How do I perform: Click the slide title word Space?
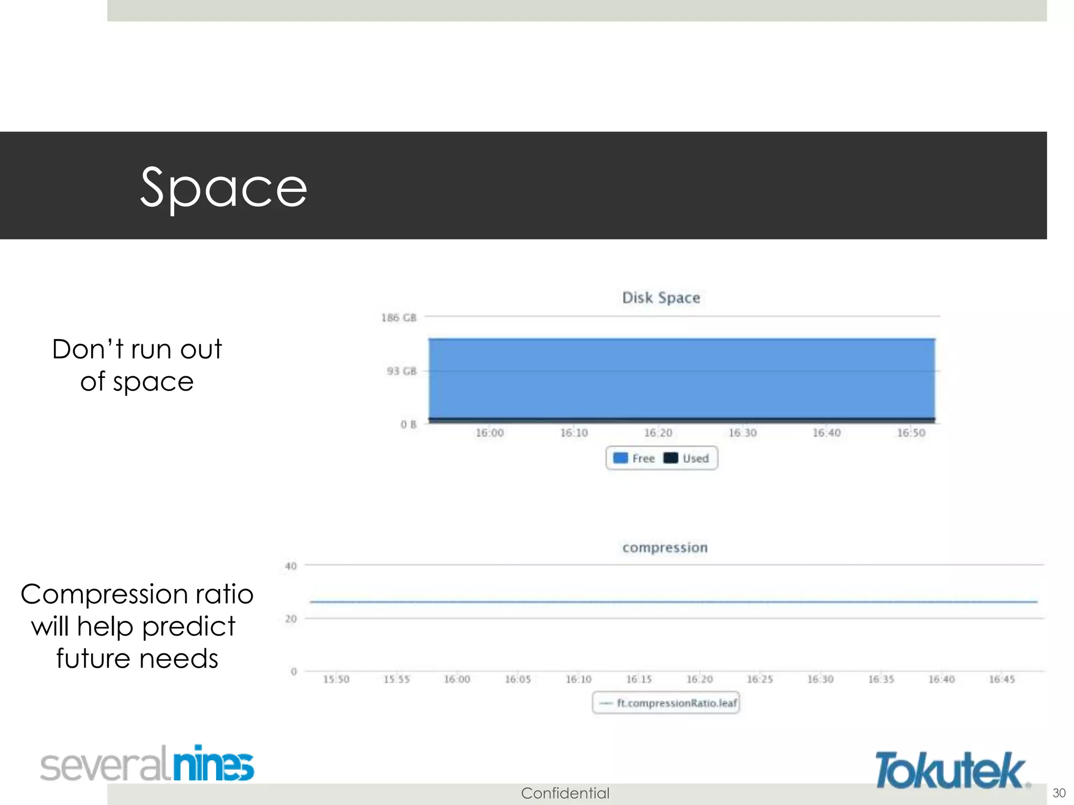pos(224,188)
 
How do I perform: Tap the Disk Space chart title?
pos(661,298)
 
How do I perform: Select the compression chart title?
pos(665,548)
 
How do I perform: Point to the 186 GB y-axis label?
pos(399,318)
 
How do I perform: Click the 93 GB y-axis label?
pos(402,371)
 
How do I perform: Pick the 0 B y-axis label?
pos(409,424)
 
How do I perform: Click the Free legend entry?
pos(635,459)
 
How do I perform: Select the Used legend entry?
pos(687,459)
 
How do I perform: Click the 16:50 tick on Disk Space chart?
pos(911,433)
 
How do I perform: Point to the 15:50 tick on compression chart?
pos(336,679)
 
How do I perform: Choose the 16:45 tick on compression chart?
pos(1002,679)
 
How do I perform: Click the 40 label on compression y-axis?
pos(291,566)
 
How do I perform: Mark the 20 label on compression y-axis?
pos(291,619)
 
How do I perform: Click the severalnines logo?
pos(147,764)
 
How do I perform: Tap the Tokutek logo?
pos(951,770)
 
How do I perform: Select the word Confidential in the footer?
pos(565,793)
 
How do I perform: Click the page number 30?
pos(1059,792)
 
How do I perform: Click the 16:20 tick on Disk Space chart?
pos(658,433)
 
